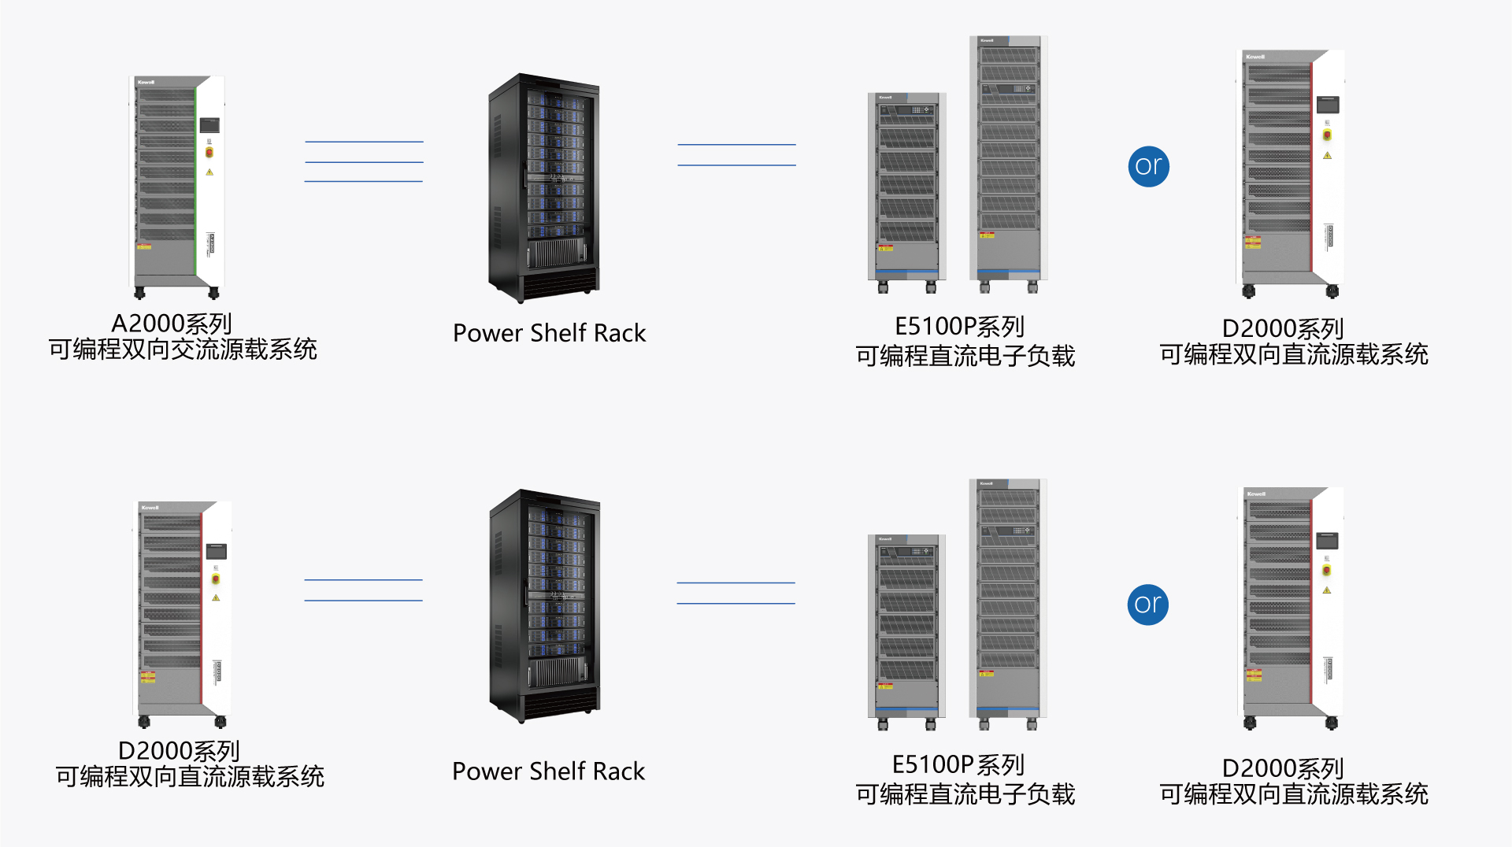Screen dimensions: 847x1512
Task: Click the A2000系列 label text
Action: click(172, 324)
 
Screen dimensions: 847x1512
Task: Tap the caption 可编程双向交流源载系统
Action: click(183, 350)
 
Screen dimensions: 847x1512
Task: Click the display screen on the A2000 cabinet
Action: click(209, 125)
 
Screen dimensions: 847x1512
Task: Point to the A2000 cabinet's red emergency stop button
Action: click(209, 152)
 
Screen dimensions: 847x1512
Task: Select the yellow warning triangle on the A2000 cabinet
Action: click(209, 172)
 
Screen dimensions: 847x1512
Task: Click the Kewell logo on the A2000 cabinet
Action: click(146, 82)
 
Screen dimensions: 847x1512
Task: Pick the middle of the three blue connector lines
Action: click(364, 162)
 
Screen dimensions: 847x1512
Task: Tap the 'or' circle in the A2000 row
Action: click(1148, 166)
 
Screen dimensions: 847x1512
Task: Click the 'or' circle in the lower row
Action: click(1147, 605)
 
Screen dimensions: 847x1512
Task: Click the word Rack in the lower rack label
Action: click(619, 771)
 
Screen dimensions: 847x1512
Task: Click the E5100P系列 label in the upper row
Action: click(959, 327)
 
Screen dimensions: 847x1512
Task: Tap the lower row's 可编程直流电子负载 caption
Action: click(965, 794)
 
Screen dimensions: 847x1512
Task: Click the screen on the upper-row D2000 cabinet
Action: click(1328, 105)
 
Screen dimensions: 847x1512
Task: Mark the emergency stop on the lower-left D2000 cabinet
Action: click(216, 579)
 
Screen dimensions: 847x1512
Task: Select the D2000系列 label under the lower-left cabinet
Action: click(179, 751)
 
